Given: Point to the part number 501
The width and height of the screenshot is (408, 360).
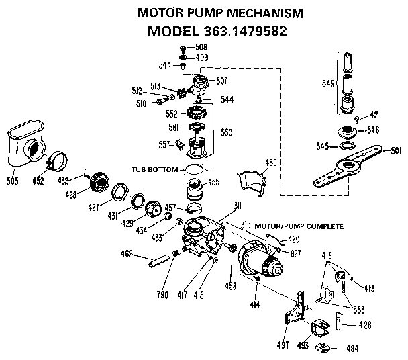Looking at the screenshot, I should (397, 151).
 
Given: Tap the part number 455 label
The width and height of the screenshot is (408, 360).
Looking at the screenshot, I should (214, 182).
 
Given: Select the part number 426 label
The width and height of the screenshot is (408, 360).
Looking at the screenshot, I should (364, 326).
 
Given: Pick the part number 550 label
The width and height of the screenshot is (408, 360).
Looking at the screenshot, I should (227, 133).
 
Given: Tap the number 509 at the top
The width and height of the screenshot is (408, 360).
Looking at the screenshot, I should (201, 48).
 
